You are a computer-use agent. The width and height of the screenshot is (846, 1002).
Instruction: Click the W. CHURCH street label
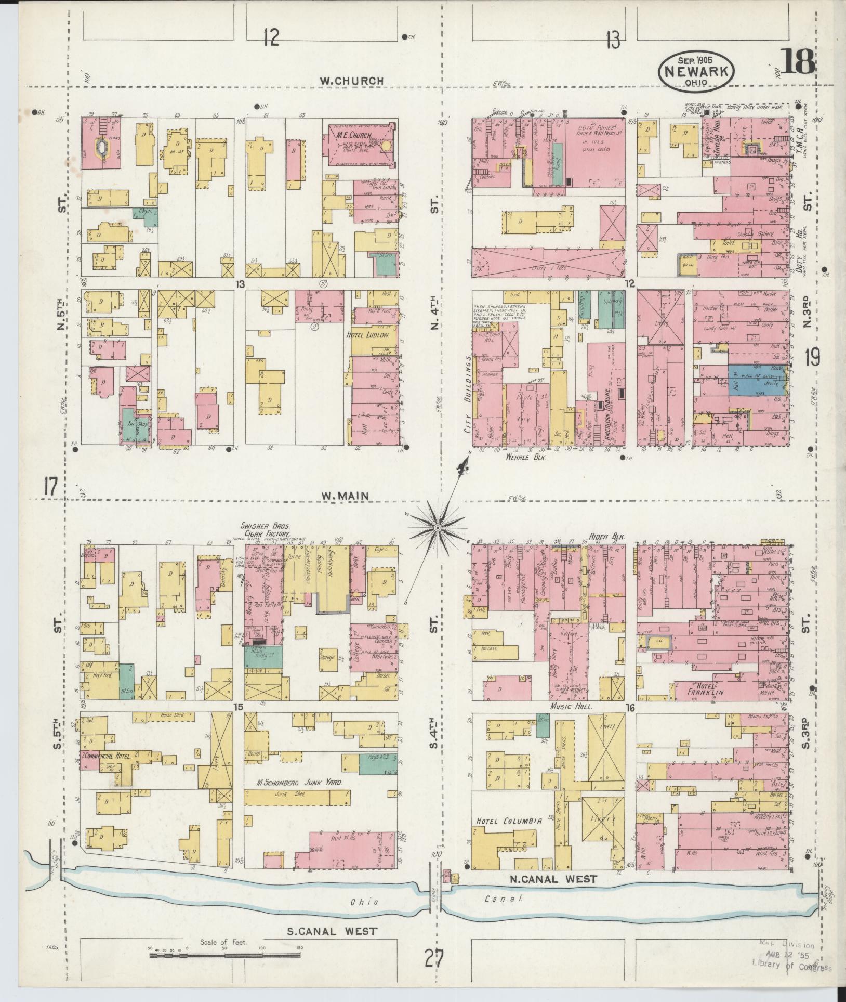(351, 81)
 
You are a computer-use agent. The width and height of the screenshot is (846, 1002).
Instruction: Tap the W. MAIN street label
(345, 496)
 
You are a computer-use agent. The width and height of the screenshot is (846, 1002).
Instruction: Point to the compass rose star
(438, 529)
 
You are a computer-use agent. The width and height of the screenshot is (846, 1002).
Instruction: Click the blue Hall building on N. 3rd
(748, 381)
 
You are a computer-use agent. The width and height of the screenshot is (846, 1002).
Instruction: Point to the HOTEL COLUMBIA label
(509, 821)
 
